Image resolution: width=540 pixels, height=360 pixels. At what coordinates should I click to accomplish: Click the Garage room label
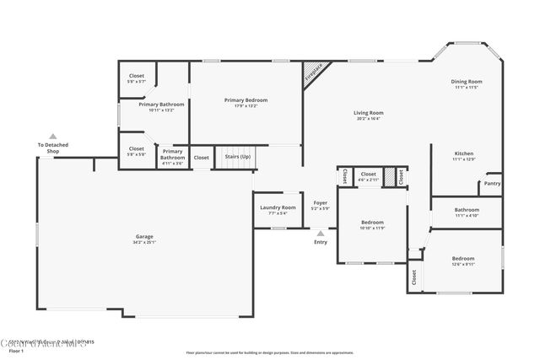pos(144,236)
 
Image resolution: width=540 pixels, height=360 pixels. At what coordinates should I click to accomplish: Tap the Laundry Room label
pos(277,207)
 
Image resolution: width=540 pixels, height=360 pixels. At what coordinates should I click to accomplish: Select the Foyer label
pos(321,202)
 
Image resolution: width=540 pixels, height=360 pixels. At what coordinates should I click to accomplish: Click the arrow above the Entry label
pos(321,233)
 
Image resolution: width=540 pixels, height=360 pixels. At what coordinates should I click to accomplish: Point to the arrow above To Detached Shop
pos(52,136)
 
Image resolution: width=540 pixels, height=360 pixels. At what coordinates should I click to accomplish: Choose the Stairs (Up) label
pos(237,157)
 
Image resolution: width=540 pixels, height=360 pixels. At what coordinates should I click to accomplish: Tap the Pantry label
pos(492,183)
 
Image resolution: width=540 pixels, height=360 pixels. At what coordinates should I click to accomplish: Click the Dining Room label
pos(466,81)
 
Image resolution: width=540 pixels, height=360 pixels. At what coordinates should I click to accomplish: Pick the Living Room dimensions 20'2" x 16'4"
pos(368,119)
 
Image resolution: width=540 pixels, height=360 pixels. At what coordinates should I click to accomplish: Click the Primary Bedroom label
pos(246,99)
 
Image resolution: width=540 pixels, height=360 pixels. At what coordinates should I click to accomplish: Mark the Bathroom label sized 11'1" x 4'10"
pos(466,216)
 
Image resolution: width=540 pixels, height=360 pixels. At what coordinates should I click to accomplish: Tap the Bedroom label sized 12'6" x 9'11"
pos(463,264)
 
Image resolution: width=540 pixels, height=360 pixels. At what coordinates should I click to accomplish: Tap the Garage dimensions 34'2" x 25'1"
pos(144,242)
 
